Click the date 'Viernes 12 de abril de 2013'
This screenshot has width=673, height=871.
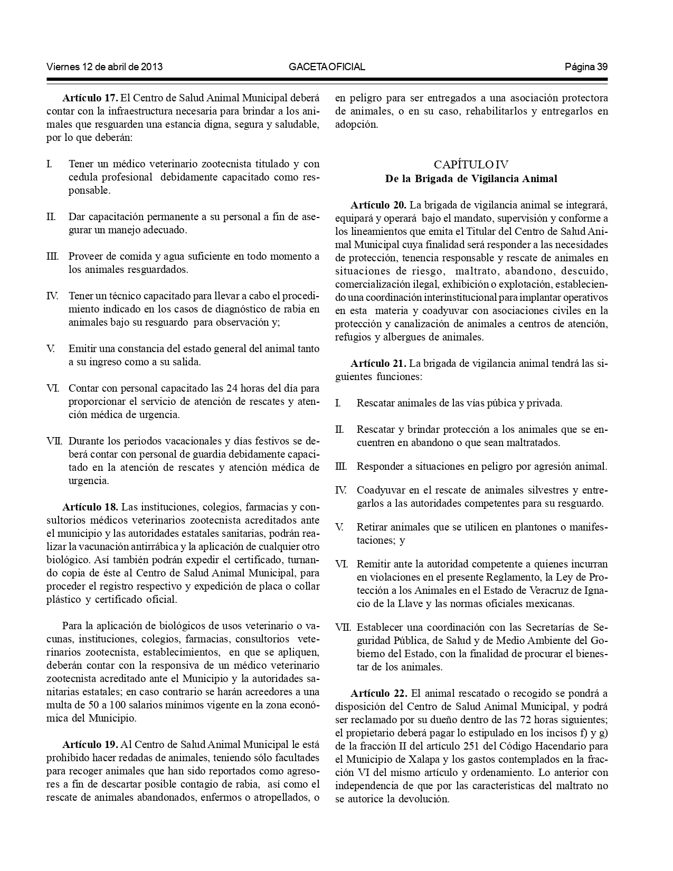pos(105,67)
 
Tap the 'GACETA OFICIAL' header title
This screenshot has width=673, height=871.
pos(327,67)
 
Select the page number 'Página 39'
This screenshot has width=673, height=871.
pos(586,67)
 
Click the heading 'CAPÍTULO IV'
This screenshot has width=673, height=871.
pos(471,165)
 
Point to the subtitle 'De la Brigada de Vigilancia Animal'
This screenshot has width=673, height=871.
pos(471,178)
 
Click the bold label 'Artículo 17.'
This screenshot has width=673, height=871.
pos(90,98)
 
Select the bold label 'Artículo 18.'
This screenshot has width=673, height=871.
pos(90,507)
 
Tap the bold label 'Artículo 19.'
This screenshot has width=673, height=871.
pos(90,745)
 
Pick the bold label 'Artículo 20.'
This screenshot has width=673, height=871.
pos(378,205)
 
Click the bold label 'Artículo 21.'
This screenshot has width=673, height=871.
pos(378,363)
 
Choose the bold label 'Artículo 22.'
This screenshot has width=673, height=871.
pos(378,693)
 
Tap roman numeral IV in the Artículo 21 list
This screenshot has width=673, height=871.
pos(340,490)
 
